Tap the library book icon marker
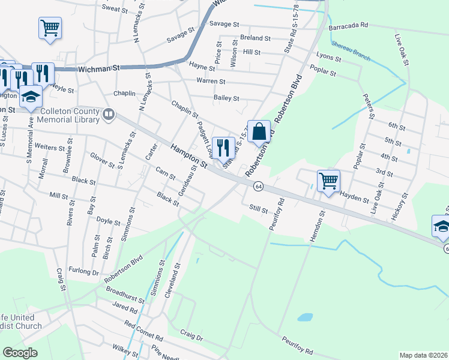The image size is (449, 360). click(x=109, y=113)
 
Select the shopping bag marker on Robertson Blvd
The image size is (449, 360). click(x=259, y=133)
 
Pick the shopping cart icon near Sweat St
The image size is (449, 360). click(x=50, y=28)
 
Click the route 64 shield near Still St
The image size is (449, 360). click(x=258, y=187)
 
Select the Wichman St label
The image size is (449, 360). click(x=95, y=69)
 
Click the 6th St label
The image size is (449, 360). click(x=397, y=125)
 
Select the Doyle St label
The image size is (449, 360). click(x=109, y=221)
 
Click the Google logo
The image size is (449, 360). click(x=20, y=353)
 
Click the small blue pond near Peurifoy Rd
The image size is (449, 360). click(x=305, y=317)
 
